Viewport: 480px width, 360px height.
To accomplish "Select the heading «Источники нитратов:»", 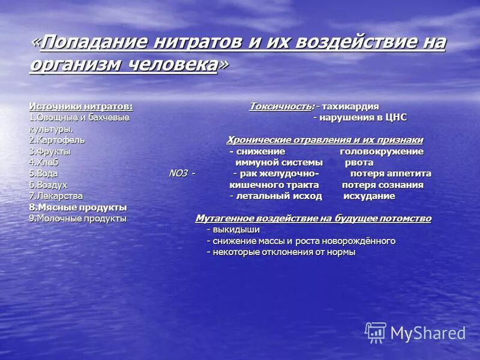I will (81, 106).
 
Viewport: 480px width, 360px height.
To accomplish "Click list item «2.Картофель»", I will (57, 140).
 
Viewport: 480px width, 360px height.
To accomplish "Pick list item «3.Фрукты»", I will (50, 151).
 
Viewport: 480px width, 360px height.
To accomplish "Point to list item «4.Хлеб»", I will (44, 162).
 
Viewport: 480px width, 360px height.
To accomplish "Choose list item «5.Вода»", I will (44, 173).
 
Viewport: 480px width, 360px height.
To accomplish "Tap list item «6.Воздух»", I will (48, 185).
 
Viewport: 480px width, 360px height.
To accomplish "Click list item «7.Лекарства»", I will (56, 196).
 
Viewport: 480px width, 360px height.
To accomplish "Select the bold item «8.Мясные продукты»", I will (78, 207).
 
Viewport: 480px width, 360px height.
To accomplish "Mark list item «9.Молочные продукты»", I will (78, 218).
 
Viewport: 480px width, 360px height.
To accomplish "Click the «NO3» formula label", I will (178, 173).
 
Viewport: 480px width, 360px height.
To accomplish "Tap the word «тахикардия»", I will (350, 106).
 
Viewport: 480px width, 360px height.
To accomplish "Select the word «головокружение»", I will (382, 151).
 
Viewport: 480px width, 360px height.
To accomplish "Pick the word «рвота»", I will (359, 162).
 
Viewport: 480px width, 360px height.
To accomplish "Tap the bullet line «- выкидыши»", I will (233, 230).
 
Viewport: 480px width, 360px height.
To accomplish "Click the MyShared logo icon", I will (376, 332).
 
